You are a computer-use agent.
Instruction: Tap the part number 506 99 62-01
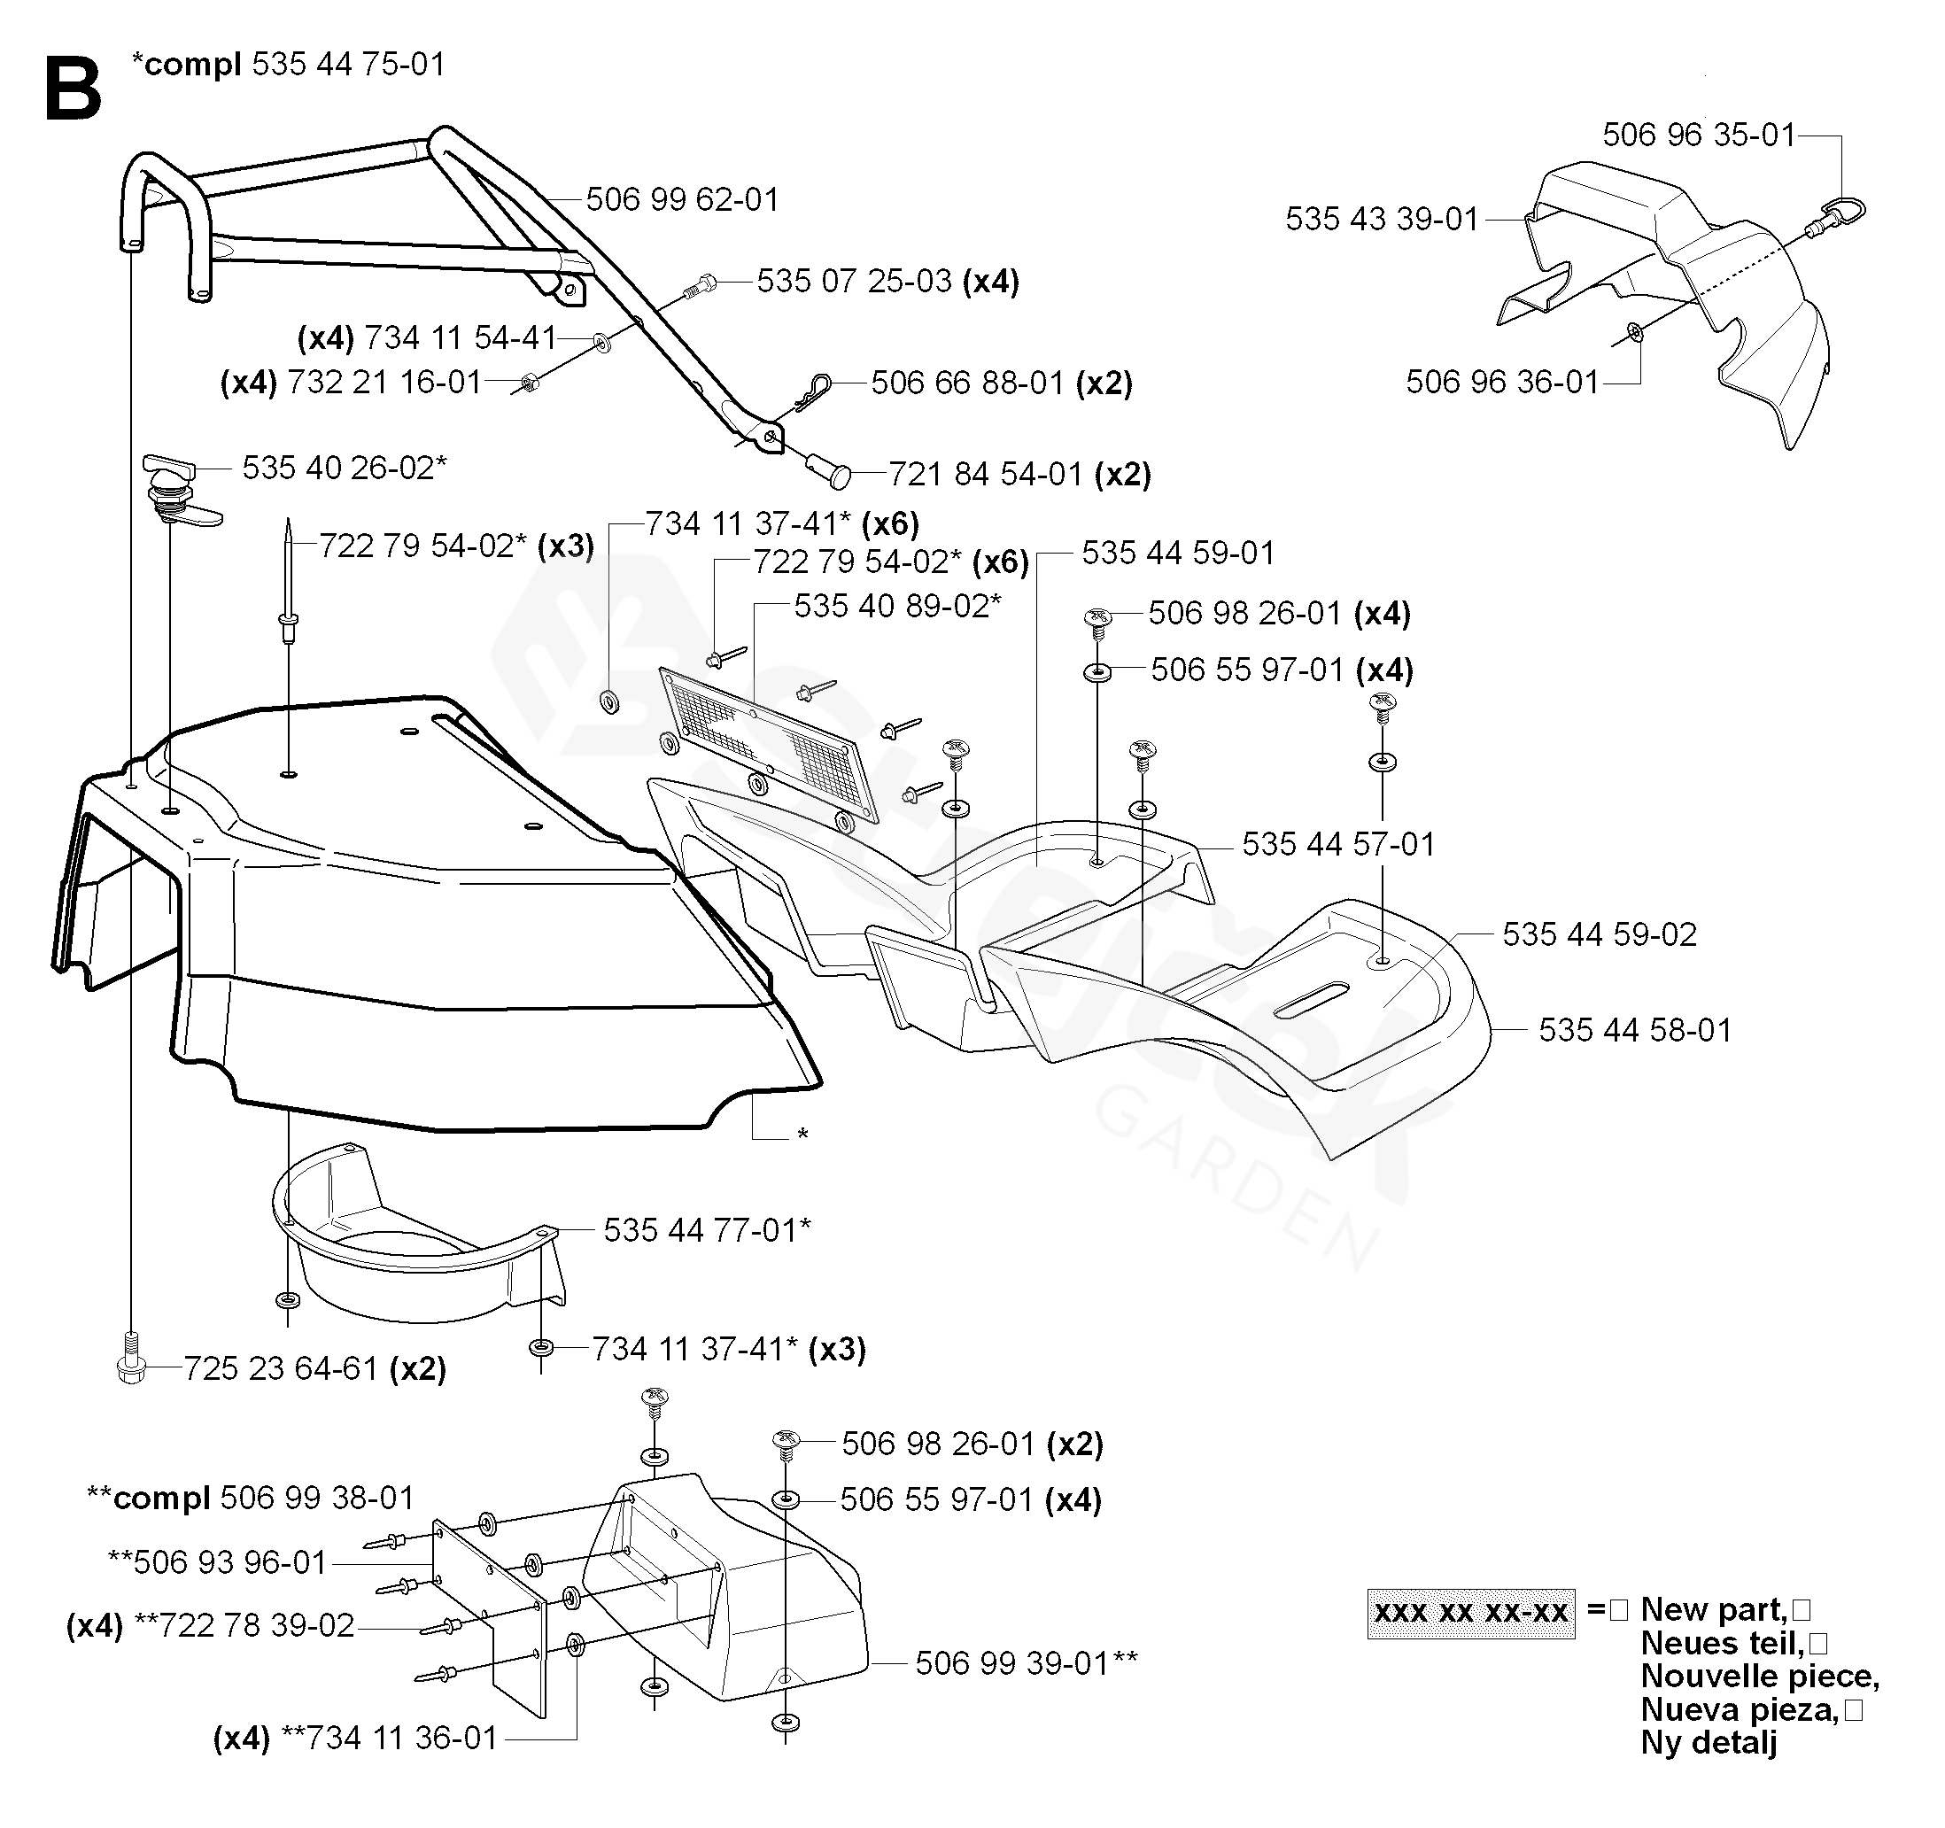click(682, 199)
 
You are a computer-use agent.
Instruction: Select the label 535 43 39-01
click(1382, 219)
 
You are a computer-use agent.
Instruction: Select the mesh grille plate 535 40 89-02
click(769, 742)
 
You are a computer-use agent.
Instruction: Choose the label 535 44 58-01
click(1635, 1030)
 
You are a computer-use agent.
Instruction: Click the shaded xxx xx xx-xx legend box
click(1470, 1613)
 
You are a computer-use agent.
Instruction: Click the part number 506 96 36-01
click(1502, 382)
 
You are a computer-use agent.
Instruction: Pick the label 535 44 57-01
click(1337, 844)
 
